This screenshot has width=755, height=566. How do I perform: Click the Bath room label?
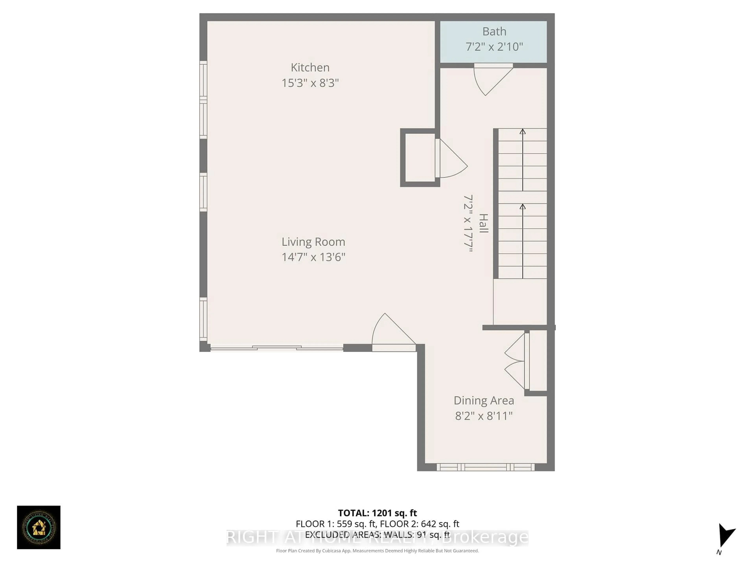[494, 31]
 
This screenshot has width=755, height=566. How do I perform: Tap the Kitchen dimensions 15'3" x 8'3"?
[310, 83]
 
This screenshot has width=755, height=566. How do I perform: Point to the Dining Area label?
[484, 401]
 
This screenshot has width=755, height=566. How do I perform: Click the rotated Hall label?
[483, 223]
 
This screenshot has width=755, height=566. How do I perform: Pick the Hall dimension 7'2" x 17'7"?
[468, 223]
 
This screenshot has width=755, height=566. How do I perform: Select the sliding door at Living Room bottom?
[276, 348]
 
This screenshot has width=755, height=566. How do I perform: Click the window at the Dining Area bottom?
[485, 467]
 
